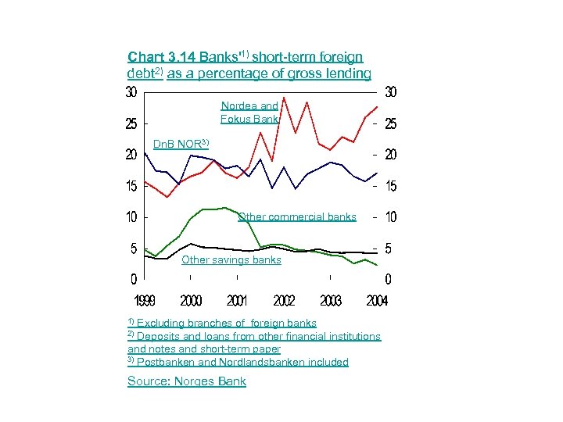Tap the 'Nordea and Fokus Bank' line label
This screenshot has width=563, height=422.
point(249,113)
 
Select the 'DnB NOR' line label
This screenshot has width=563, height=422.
point(181,145)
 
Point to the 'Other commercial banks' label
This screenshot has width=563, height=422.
point(296,217)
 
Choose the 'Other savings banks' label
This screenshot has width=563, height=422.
point(231,260)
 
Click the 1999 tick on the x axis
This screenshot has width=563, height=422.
point(144,301)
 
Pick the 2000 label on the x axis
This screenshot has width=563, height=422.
point(191,301)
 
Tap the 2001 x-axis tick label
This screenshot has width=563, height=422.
point(237,301)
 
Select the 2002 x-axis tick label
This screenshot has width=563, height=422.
point(284,301)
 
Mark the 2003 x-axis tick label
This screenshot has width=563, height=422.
point(331,301)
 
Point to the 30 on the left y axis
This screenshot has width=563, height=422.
point(132,92)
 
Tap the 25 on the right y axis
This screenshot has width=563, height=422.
point(390,124)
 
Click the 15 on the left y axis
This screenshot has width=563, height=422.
point(132,186)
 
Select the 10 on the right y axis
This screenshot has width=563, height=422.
point(390,217)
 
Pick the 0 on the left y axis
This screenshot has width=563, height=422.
point(134,279)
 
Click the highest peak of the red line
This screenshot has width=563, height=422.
point(284,97)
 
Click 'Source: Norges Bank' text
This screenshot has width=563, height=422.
point(187,381)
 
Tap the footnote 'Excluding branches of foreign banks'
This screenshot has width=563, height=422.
point(226,323)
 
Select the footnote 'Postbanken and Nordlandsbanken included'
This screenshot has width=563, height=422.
point(242,363)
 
